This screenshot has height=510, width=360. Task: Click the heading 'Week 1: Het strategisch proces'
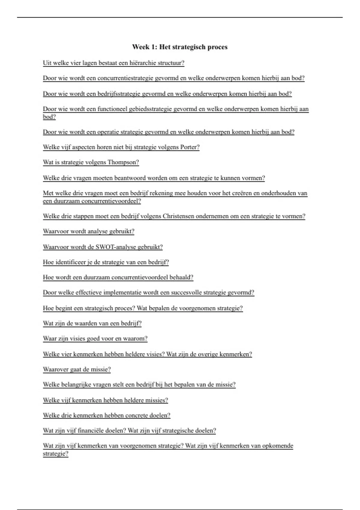[180, 47]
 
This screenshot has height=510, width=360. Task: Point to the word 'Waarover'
[56, 370]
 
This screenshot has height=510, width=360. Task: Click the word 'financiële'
[100, 431]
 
